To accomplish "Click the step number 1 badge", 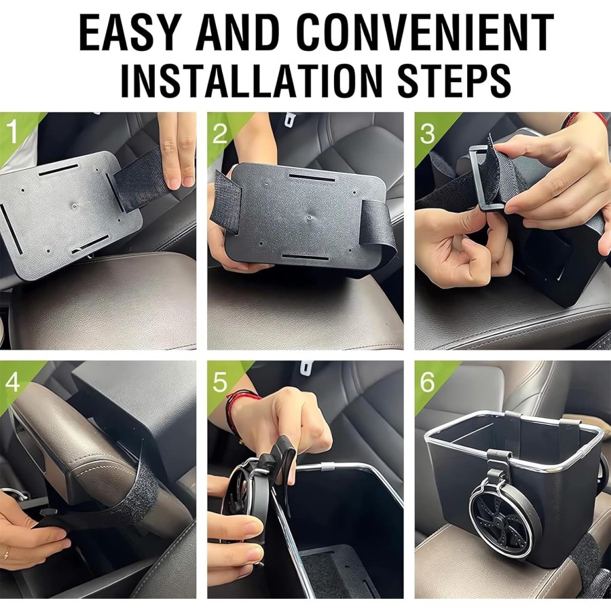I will coord(13,133).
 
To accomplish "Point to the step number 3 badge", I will coord(427,133).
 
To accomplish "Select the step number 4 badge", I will coord(13,382).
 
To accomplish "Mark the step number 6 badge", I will coord(427,382).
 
